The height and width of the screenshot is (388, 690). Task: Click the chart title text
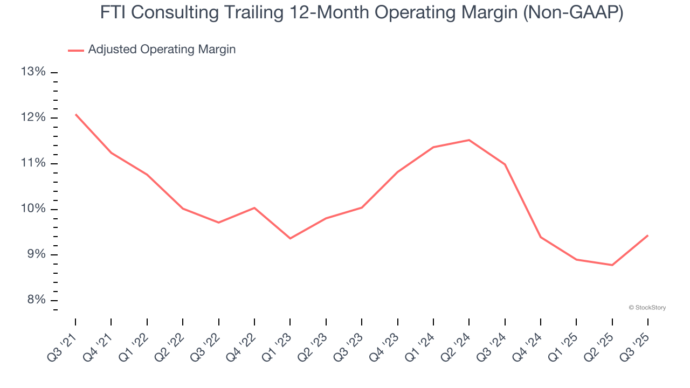click(x=361, y=13)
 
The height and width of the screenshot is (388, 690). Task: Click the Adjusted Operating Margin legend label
click(x=162, y=50)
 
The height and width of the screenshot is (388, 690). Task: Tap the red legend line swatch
click(x=76, y=50)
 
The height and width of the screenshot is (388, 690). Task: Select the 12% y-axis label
click(x=33, y=118)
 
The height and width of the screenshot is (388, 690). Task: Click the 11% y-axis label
click(x=33, y=164)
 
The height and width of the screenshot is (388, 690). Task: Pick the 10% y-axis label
click(x=33, y=209)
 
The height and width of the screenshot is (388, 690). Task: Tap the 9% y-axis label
click(x=36, y=255)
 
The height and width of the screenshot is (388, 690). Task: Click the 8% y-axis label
click(x=36, y=301)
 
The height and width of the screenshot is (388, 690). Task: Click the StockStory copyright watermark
click(x=647, y=308)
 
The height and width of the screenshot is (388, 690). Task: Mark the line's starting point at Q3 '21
click(x=75, y=114)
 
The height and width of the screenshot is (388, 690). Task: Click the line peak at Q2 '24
click(x=469, y=140)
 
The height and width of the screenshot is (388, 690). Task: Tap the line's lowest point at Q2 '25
click(x=612, y=265)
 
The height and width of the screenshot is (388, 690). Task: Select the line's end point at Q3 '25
click(x=648, y=235)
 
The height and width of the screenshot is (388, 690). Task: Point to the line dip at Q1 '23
click(x=290, y=238)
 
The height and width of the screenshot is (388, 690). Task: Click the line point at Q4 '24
click(x=541, y=237)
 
